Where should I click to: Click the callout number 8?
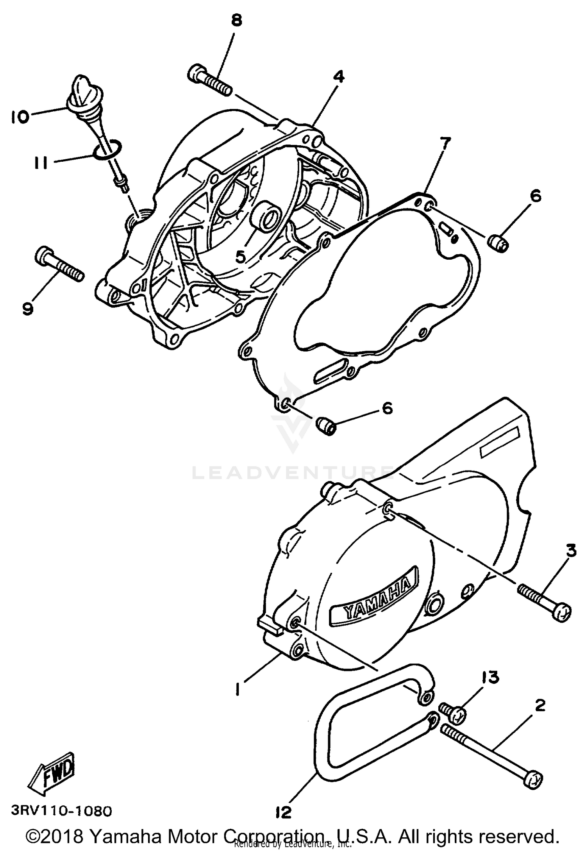pos(236,20)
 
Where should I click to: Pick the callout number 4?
pos(338,77)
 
